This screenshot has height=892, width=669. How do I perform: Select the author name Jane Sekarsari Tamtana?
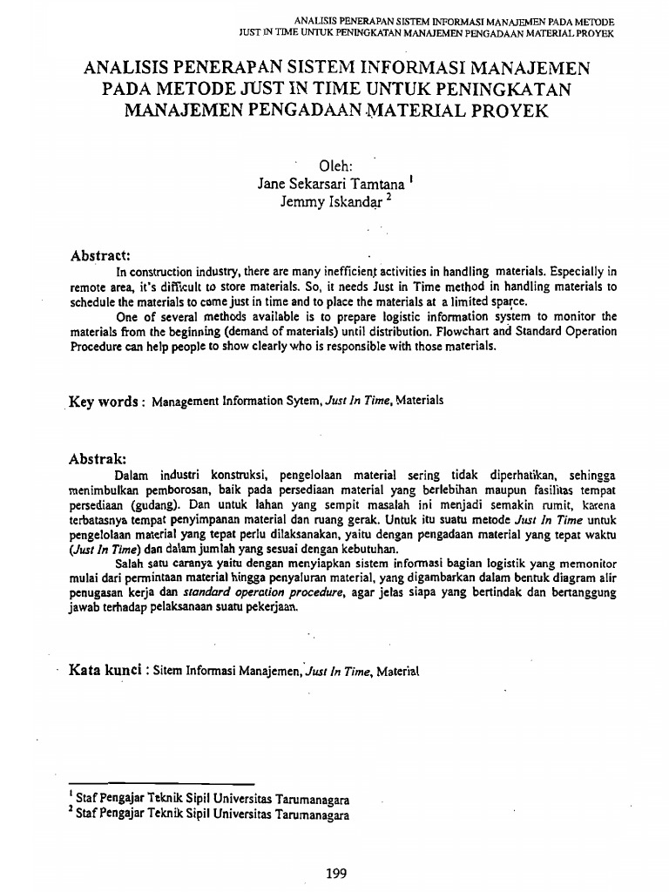click(x=331, y=184)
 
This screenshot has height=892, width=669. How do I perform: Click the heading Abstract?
click(x=100, y=255)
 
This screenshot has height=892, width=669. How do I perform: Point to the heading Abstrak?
click(x=98, y=458)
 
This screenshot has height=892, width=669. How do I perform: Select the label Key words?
click(x=103, y=402)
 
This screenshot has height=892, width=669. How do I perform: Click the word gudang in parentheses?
click(x=155, y=504)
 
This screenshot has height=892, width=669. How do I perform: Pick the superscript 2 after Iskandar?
click(x=389, y=197)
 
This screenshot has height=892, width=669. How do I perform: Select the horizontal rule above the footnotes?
click(x=161, y=784)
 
